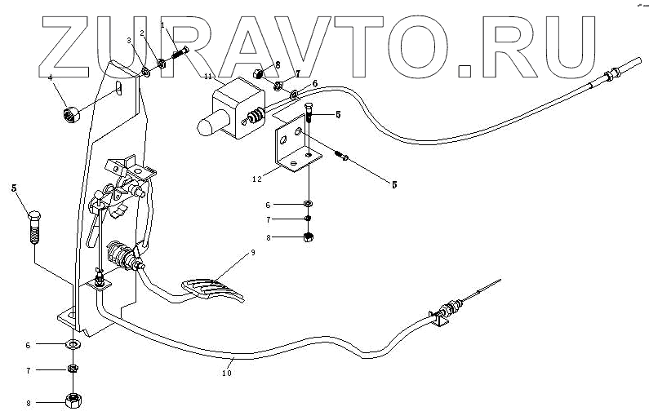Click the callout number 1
[x=162, y=25]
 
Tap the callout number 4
[x=51, y=78]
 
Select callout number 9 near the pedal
[x=253, y=254]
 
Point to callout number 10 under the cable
[x=226, y=374]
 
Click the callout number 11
[x=208, y=76]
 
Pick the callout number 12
[x=256, y=177]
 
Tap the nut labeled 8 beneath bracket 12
[x=309, y=237]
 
